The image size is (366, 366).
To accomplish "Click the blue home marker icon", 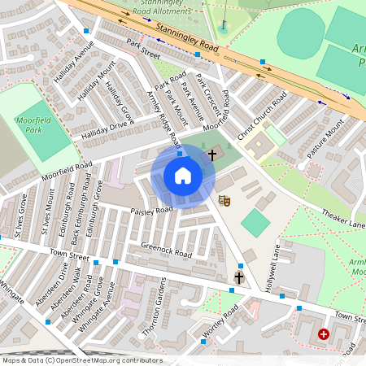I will [x=182, y=176].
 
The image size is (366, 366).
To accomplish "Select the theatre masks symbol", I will [x=225, y=199].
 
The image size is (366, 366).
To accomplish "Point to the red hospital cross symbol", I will [x=324, y=334].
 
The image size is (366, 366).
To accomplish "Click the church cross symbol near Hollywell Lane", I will [x=238, y=278].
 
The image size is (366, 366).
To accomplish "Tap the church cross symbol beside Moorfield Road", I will [x=212, y=154].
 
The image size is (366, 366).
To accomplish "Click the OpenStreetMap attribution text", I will [x=81, y=360].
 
